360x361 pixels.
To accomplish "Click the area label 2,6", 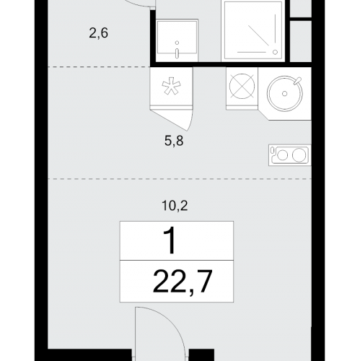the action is click(98, 33).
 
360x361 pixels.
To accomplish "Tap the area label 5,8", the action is click(174, 141).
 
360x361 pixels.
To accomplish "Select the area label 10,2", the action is click(175, 206).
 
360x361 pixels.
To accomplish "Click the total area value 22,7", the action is click(183, 281).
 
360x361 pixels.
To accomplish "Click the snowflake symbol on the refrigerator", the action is click(171, 86).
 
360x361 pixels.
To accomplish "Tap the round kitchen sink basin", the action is click(285, 94).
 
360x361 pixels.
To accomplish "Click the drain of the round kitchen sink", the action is click(285, 94).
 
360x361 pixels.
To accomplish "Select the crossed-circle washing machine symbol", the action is click(242, 86).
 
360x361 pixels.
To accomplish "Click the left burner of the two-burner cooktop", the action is click(282, 155).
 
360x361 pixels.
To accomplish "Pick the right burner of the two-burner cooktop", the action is click(299, 155).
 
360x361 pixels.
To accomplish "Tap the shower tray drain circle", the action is click(275, 52).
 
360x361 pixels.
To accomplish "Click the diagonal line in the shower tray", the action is click(258, 35).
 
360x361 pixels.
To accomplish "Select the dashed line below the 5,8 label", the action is click(180, 179).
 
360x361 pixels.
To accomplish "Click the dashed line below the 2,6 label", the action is click(99, 67).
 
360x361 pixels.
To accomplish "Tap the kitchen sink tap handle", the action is click(298, 80).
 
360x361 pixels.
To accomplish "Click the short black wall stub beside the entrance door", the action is click(201, 355).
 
